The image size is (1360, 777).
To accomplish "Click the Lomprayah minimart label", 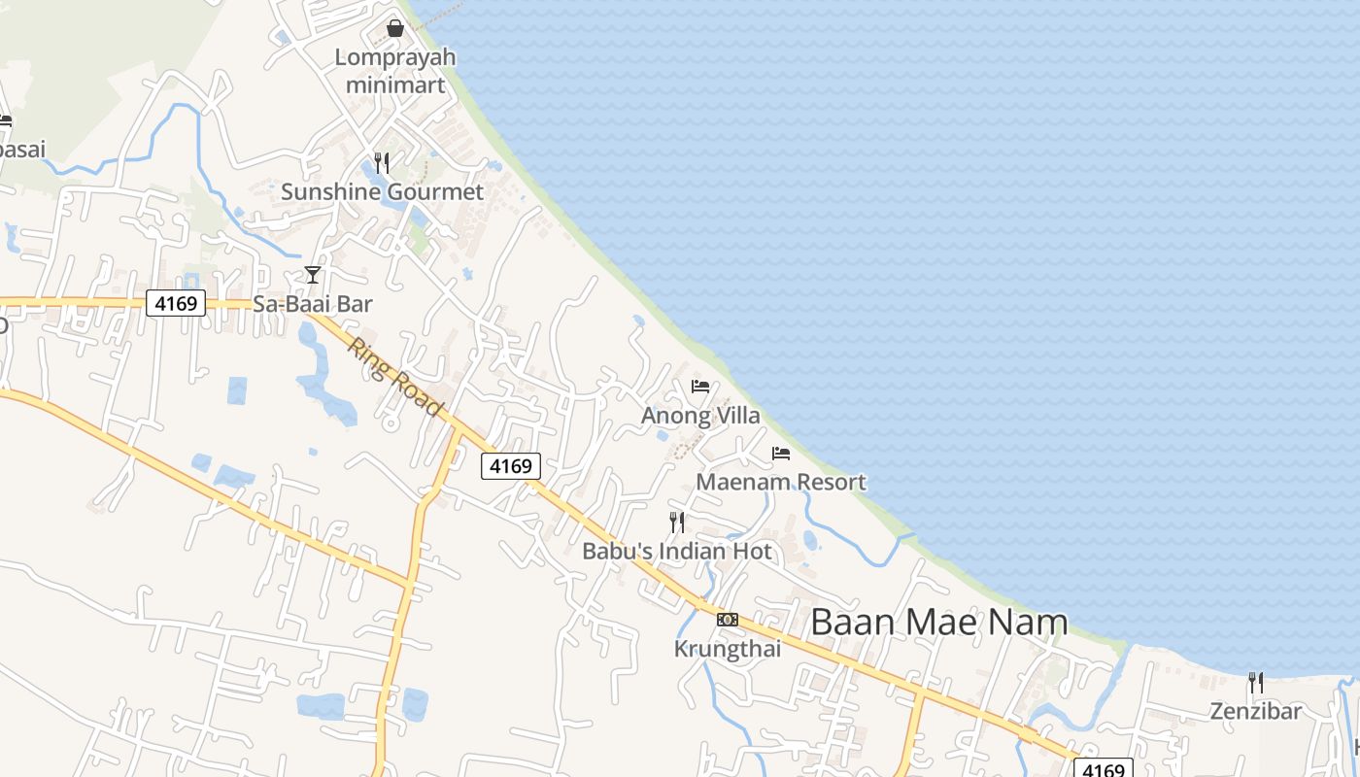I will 395,71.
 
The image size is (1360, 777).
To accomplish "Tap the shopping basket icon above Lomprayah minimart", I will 395,28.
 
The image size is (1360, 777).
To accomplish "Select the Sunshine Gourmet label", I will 382,192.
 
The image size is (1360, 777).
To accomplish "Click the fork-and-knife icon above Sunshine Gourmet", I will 382,162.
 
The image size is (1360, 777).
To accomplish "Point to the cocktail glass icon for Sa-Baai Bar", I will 313,275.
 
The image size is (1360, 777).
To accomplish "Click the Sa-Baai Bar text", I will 313,304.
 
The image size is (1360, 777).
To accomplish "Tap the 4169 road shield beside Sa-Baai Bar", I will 176,303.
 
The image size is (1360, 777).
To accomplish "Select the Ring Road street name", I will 396,378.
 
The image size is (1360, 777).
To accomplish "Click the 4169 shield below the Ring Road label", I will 511,466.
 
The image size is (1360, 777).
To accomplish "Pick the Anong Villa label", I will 700,416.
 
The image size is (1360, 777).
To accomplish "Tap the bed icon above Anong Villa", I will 700,386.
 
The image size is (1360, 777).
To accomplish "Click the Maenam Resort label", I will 781,482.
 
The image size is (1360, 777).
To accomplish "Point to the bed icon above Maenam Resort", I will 781,453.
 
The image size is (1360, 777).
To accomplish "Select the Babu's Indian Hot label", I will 677,552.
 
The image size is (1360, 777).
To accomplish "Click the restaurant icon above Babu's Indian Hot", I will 677,523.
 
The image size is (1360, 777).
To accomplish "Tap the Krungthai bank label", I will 728,649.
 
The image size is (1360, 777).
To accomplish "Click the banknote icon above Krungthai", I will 728,620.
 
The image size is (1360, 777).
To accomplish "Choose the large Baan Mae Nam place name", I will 939,622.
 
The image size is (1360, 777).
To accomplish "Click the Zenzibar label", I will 1255,711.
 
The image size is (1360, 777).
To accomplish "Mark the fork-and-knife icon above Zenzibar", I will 1255,682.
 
